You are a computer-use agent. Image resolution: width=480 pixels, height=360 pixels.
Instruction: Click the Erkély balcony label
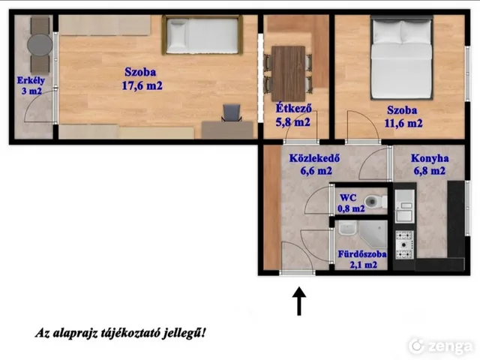click(x=31, y=80)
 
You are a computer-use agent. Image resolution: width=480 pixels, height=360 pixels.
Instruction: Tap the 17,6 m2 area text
click(x=142, y=85)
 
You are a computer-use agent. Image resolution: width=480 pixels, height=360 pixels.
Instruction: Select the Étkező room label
click(x=293, y=108)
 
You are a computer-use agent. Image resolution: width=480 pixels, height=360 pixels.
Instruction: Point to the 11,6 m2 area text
click(x=403, y=123)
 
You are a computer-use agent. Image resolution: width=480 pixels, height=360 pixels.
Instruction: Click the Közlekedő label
click(x=315, y=158)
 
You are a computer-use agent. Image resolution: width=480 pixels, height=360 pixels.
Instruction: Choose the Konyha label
click(x=430, y=158)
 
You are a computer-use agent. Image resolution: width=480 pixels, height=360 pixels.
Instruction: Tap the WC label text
click(x=348, y=198)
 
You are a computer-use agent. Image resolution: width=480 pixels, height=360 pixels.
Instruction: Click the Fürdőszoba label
click(x=362, y=254)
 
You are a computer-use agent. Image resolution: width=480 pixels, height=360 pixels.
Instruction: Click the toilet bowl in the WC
click(x=375, y=202)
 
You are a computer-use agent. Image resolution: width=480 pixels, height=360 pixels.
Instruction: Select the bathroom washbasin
click(x=347, y=228)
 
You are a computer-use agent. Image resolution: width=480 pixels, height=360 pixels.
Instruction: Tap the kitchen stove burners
click(x=404, y=244)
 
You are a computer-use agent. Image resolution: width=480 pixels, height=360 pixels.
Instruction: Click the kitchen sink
click(x=404, y=206)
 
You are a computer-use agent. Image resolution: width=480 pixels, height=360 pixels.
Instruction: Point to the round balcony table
click(x=40, y=45)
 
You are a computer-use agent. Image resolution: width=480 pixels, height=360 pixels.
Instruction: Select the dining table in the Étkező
click(x=288, y=73)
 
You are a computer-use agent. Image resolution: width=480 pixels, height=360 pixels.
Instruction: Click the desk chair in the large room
click(x=232, y=112)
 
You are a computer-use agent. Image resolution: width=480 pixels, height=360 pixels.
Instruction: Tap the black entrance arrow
click(x=299, y=301)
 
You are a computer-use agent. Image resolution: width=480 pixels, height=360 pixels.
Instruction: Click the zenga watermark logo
click(x=440, y=346)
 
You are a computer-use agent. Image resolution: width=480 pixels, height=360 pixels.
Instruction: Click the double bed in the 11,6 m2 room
click(x=402, y=58)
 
